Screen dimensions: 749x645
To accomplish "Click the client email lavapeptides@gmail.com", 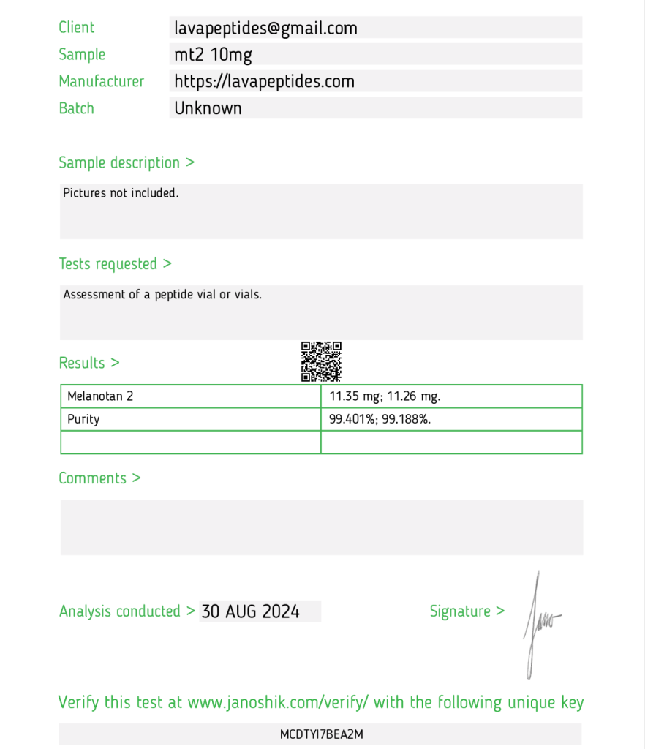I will coord(265,29).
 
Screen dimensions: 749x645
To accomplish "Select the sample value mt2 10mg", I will coord(213,55).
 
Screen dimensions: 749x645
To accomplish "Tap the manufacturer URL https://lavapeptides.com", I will coord(264,81).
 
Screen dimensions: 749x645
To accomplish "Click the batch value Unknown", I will coord(208,108).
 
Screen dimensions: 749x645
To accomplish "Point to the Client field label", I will coord(77,28).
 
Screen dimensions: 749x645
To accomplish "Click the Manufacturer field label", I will coord(102,81).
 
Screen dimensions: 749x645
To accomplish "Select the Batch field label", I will coord(77,108).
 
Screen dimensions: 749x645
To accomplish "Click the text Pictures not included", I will coord(121,193).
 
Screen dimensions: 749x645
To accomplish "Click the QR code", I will coord(321,361).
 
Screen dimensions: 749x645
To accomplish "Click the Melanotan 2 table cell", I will coord(101,396).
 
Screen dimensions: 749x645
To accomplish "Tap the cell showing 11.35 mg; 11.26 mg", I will coord(385,396).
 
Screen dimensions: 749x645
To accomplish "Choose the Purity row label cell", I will coord(83,419).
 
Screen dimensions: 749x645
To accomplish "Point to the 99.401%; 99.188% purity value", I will coord(380,419).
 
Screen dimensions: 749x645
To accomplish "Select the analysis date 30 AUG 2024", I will coord(250,611).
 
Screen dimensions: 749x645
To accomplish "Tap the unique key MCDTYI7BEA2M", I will coord(321,734).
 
